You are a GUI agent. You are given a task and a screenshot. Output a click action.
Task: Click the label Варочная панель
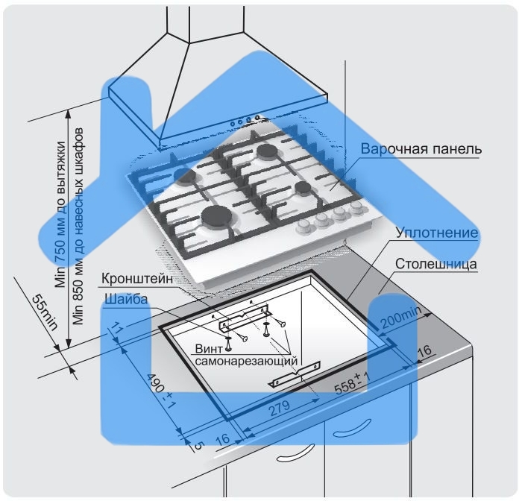[421, 148]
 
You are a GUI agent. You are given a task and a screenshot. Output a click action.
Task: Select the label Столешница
[436, 264]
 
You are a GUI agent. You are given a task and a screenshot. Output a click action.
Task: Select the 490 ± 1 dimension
[158, 388]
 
